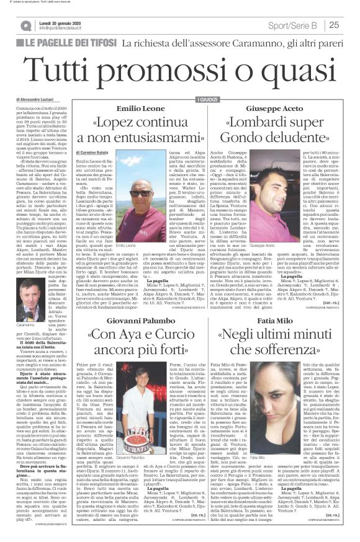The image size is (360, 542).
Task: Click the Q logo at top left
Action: (26, 25)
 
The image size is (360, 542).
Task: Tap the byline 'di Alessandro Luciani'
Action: (37, 99)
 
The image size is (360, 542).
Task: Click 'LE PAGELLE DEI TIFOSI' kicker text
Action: (68, 43)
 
